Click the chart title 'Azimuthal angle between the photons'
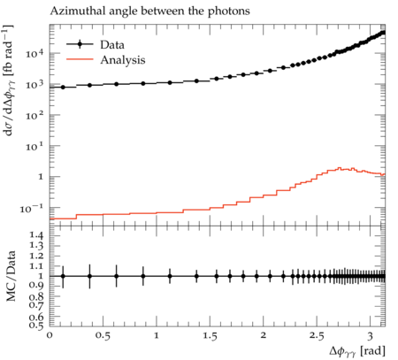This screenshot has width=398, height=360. pos(149,11)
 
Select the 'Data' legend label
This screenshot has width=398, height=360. pos(112,45)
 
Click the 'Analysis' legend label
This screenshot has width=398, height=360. pos(123,60)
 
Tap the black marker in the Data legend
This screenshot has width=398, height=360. pos(80,44)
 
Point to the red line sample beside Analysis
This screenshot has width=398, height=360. pos(80,59)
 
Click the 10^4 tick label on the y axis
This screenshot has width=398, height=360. pos(34,54)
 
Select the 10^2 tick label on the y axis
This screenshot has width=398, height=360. pos(34,115)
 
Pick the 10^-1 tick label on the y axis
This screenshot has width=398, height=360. pos(32,209)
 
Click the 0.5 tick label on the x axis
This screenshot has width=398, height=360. pos(103,336)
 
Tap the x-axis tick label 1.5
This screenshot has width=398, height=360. pos(210,336)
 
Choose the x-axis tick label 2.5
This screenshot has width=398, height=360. pos(317,336)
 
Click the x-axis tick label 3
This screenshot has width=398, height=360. pos(370,336)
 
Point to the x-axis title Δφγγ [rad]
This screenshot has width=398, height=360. pos(357,351)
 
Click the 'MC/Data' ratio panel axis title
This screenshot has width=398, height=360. pos(11,276)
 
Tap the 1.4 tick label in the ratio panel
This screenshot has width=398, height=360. pos(36,235)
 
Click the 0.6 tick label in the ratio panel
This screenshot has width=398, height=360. pos(36,317)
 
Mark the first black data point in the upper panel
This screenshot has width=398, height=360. pos(63,88)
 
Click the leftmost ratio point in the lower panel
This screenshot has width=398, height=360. pos(63,276)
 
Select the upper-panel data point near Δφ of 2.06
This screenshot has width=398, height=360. pos(270,71)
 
